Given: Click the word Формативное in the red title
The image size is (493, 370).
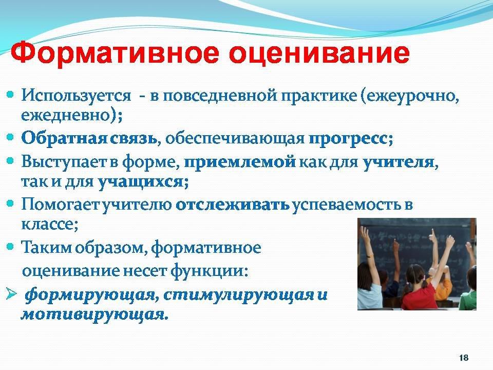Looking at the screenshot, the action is [115, 54].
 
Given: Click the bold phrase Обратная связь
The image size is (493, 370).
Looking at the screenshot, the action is [89, 138].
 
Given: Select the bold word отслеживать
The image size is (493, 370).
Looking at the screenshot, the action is [233, 205].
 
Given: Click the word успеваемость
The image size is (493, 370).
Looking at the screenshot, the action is [347, 206].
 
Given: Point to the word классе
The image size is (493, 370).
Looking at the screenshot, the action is [48, 225].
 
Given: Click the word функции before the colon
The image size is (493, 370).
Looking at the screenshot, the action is [207, 271].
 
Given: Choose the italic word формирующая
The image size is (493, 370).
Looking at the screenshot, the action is [90, 295].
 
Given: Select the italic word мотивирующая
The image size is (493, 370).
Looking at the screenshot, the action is [92, 314].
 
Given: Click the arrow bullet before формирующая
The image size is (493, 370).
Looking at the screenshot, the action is [11, 295].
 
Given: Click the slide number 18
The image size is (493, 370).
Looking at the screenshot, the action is [464, 358].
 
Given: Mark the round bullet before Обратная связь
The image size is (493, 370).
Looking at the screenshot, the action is [10, 137].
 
